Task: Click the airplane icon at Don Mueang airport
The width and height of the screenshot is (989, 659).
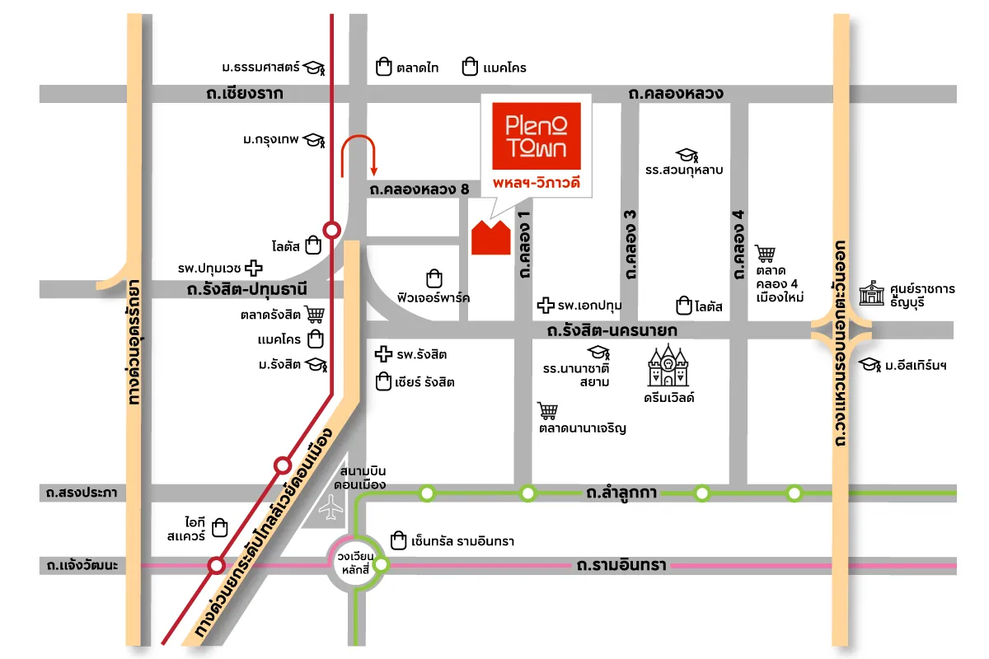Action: click(x=333, y=511)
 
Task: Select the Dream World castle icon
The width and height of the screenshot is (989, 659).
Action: click(x=668, y=367)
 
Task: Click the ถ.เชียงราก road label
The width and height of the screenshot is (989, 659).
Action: click(x=245, y=94)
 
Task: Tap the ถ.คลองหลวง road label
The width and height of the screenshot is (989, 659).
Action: click(x=675, y=94)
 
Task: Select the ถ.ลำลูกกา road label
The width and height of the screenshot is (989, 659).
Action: click(x=621, y=493)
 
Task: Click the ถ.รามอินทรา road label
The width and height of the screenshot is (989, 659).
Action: click(x=621, y=566)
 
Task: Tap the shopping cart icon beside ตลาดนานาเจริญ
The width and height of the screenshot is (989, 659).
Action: click(x=547, y=411)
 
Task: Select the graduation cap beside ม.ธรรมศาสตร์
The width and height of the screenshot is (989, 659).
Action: click(x=314, y=68)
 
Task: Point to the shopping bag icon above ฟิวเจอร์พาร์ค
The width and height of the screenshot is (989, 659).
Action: click(x=434, y=278)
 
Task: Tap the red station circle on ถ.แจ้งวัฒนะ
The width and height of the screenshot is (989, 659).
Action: click(x=217, y=565)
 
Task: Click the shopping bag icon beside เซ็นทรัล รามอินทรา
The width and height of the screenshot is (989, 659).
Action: click(x=399, y=540)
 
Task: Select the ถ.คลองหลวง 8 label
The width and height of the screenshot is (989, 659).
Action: click(x=420, y=189)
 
